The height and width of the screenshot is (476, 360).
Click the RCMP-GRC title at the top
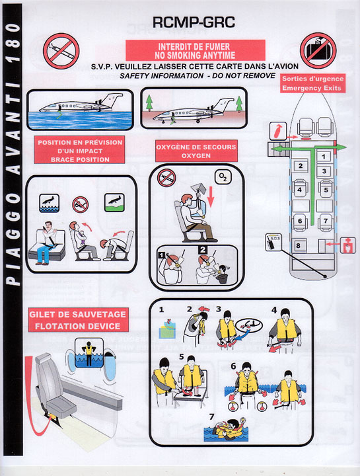[x=194, y=22]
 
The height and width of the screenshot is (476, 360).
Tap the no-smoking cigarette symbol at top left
[x=61, y=51]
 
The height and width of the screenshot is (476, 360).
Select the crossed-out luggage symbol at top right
[x=318, y=51]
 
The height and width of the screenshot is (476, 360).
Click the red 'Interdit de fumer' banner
[x=196, y=50]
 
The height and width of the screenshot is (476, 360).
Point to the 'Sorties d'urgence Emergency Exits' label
[x=312, y=83]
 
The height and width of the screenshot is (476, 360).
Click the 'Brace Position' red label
[x=79, y=151]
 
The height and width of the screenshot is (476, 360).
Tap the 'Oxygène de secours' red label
[x=196, y=151]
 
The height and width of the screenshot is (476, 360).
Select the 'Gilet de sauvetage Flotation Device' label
[x=78, y=320]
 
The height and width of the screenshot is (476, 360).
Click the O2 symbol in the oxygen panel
[x=223, y=177]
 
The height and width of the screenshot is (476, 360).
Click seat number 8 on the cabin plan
[x=299, y=245]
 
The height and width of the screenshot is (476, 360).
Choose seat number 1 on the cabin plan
[x=324, y=157]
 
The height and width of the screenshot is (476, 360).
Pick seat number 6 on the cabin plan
[x=300, y=221]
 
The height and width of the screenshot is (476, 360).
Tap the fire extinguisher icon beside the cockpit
[x=278, y=131]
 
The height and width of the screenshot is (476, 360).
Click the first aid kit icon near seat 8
[x=348, y=245]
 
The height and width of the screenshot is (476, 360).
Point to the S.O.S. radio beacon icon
[x=273, y=242]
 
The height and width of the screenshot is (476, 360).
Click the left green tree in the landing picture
[x=149, y=102]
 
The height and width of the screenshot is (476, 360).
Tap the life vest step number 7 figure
[x=227, y=430]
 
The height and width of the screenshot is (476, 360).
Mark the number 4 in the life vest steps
[x=275, y=310]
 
